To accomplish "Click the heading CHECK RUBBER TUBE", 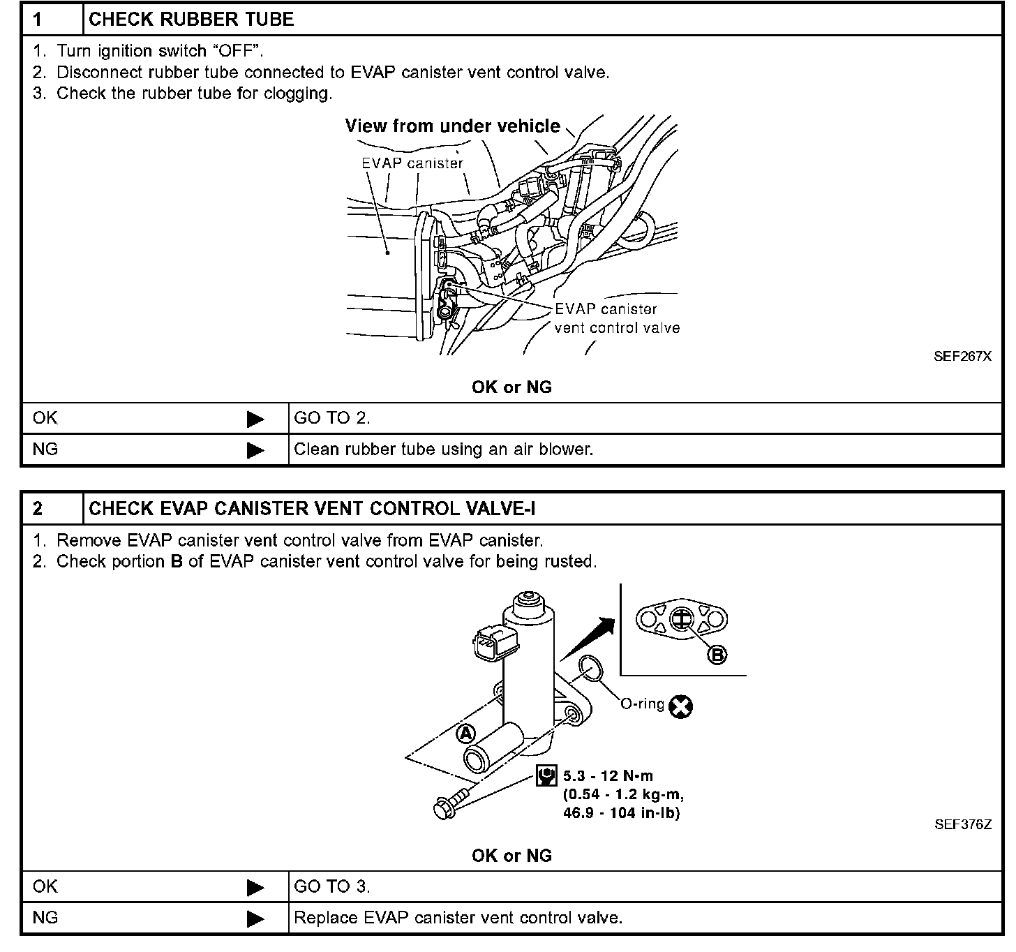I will click(191, 20).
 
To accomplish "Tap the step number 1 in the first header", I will click(38, 20).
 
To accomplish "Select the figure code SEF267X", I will click(962, 357).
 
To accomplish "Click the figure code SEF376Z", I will click(962, 824).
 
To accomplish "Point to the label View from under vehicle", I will click(452, 126).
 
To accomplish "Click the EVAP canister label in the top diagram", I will click(412, 163).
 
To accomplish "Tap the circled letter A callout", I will click(465, 733).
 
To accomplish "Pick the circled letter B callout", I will click(717, 654).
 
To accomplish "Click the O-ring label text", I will click(643, 704).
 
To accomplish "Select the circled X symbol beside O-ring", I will click(680, 706).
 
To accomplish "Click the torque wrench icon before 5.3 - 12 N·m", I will click(546, 775).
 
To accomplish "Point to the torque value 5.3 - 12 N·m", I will click(608, 775).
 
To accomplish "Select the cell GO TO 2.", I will click(332, 419).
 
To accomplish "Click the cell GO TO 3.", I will click(332, 887).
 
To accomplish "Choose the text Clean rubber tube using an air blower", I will click(443, 449).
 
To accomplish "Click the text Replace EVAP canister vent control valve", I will click(458, 918).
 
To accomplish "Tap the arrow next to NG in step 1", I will click(255, 450).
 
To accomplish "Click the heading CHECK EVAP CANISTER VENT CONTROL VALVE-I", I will click(312, 509).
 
